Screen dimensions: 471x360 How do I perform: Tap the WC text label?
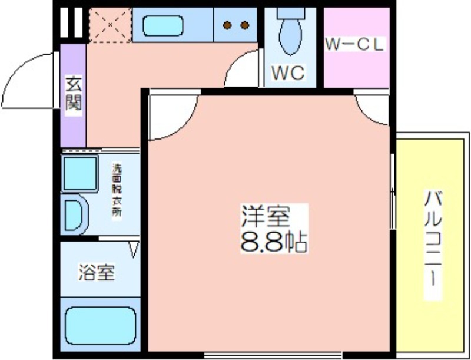pyautogui.click(x=288, y=72)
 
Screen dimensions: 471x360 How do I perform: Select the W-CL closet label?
pyautogui.click(x=355, y=44)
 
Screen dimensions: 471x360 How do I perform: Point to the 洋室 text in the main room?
pyautogui.click(x=266, y=216)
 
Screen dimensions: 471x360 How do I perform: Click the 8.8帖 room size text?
pyautogui.click(x=274, y=242)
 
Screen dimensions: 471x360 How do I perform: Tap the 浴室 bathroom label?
pyautogui.click(x=97, y=273)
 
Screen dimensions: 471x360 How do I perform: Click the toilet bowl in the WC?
pyautogui.click(x=290, y=33)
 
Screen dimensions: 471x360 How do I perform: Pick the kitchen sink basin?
pyautogui.click(x=163, y=26)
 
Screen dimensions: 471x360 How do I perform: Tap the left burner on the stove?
pyautogui.click(x=227, y=25)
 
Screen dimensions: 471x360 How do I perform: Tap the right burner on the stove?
pyautogui.click(x=245, y=25)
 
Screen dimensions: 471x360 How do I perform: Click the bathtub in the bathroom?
pyautogui.click(x=101, y=326)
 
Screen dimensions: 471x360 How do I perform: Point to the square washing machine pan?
pyautogui.click(x=79, y=173)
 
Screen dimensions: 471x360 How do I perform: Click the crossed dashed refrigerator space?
pyautogui.click(x=111, y=25)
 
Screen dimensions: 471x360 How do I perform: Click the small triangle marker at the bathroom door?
pyautogui.click(x=134, y=249)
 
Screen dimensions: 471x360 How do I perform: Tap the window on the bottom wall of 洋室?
pyautogui.click(x=273, y=355)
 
